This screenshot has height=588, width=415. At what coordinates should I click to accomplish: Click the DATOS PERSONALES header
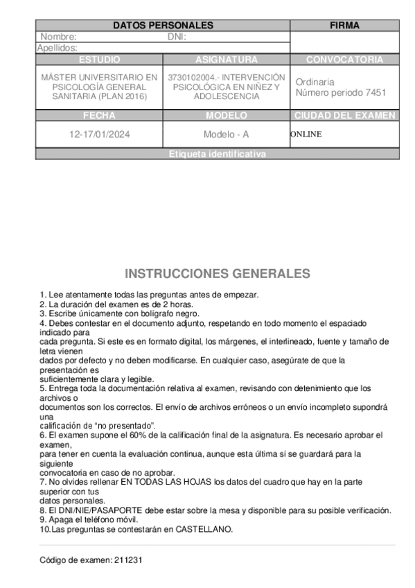(x=162, y=26)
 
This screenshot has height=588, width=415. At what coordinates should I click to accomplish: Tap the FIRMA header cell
(x=344, y=26)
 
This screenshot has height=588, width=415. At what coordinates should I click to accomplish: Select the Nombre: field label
(x=59, y=37)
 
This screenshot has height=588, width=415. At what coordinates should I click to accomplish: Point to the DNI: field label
(x=177, y=37)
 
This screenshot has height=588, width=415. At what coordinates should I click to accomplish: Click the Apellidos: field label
(x=57, y=48)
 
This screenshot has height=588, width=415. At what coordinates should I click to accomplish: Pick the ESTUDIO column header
(x=99, y=60)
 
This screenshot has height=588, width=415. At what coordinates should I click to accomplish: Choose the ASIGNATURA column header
(x=226, y=60)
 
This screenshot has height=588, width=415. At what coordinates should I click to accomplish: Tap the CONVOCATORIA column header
(x=344, y=60)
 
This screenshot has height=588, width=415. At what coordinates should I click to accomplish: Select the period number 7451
(x=374, y=92)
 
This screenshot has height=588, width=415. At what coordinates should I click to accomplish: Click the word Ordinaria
(x=315, y=82)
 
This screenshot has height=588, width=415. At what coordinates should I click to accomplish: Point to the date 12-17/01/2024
(x=99, y=135)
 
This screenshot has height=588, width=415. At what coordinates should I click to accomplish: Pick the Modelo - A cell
(x=226, y=135)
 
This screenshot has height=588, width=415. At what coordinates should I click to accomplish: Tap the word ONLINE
(x=306, y=135)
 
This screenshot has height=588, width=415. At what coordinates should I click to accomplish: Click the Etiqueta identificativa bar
(x=217, y=155)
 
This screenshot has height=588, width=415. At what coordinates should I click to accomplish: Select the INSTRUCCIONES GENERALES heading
(x=217, y=273)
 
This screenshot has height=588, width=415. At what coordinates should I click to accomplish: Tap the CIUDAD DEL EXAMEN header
(x=344, y=116)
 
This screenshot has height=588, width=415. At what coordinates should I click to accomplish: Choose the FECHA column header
(x=99, y=116)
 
